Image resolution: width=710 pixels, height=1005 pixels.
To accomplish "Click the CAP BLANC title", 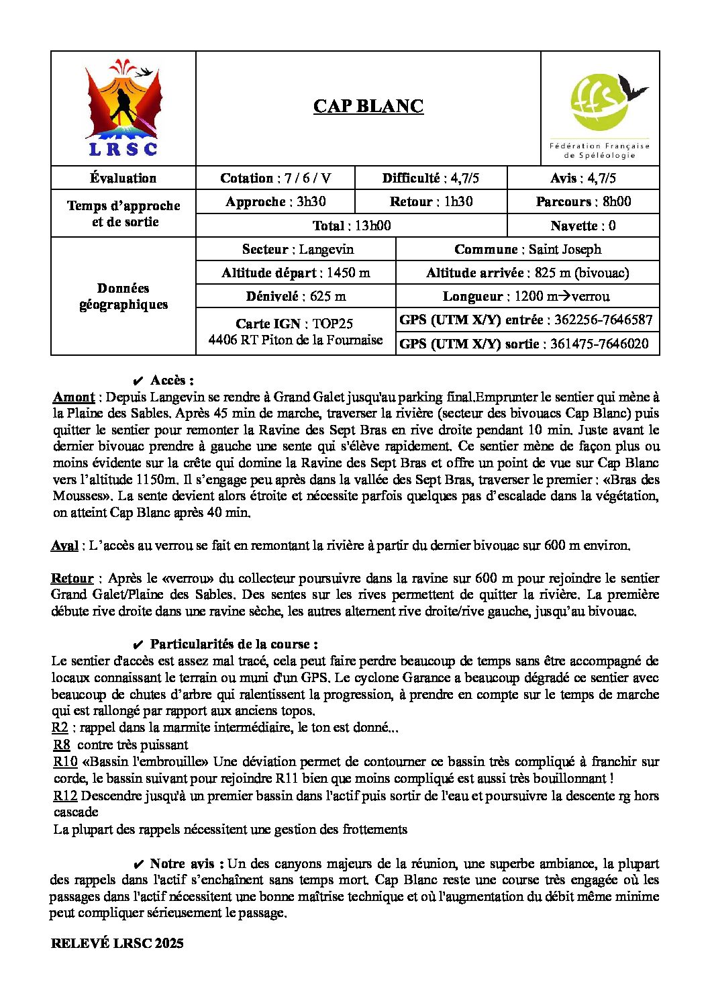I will tap(368, 106).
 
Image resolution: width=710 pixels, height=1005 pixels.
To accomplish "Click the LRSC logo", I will tap(123, 109).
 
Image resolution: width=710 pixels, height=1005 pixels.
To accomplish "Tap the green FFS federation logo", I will tap(600, 109).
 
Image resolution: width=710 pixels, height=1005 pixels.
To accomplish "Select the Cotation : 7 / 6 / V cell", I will tap(275, 178).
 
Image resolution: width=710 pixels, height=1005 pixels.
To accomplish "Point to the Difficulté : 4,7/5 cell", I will tap(430, 178).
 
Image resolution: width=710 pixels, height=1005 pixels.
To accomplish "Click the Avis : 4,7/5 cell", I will tap(582, 178).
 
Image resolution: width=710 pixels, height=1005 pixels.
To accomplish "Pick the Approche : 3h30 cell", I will tap(275, 201).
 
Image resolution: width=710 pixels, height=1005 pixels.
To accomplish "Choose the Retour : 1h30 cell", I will tap(430, 201).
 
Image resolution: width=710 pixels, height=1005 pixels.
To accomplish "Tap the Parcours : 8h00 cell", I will tap(582, 201).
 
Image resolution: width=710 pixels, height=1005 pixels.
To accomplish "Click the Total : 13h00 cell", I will tap(351, 226).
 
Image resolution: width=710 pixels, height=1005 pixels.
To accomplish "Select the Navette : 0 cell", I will tap(582, 226).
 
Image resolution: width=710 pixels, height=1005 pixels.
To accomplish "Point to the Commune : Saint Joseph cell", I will tap(527, 249).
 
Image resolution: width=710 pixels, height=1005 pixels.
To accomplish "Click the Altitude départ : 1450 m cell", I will tap(295, 273).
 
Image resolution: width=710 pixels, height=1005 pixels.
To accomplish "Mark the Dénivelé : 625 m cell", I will tap(295, 296).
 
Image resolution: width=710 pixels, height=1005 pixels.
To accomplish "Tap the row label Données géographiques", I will tap(123, 296).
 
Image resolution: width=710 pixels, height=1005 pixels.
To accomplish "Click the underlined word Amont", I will tap(74, 397).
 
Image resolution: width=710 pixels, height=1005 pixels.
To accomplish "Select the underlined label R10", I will tap(65, 761).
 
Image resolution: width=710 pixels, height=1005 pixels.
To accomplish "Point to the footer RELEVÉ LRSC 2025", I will tap(117, 943).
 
